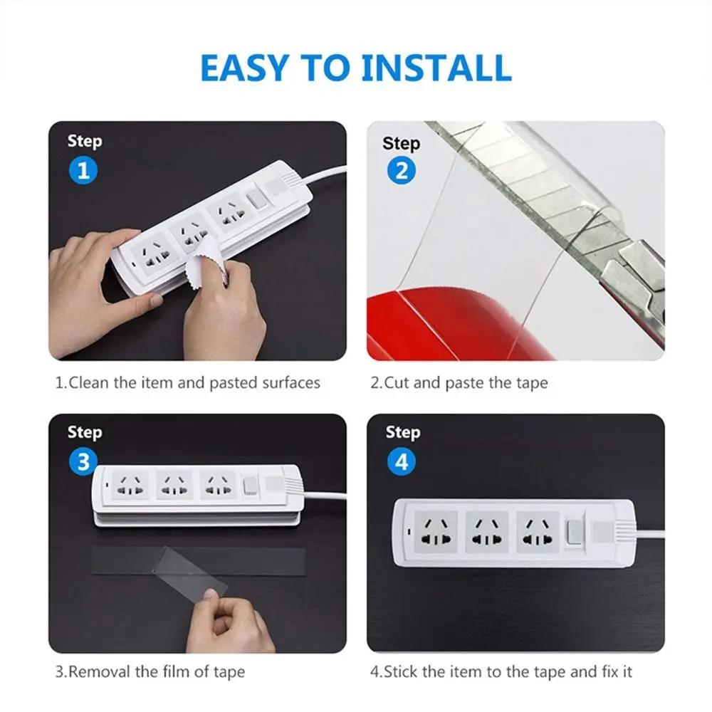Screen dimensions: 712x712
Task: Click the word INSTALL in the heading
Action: [436, 68]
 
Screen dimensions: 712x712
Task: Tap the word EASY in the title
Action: [244, 68]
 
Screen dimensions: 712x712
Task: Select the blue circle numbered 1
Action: [83, 171]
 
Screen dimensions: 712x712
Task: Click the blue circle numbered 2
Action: [402, 171]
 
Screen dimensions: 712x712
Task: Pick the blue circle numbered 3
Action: [83, 462]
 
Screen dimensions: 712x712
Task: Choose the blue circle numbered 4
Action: [402, 462]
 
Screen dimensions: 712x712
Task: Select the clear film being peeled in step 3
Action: [189, 575]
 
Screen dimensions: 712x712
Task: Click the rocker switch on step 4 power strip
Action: [574, 532]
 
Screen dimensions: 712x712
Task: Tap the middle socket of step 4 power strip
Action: [487, 532]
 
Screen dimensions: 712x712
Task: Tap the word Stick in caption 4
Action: [400, 671]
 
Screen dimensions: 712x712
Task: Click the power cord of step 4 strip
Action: [650, 532]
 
